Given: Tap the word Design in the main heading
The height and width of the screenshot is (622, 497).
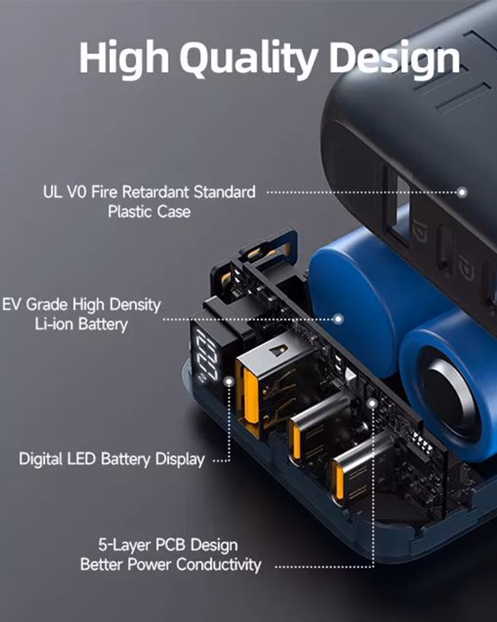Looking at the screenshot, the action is [x=394, y=60].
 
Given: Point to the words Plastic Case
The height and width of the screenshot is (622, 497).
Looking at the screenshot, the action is [x=149, y=211].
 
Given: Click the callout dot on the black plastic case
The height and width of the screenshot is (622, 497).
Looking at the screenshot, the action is [x=462, y=192].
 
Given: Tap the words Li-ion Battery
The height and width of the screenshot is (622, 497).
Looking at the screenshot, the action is [x=81, y=324].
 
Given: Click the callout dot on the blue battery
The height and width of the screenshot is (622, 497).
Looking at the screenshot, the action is [x=339, y=319].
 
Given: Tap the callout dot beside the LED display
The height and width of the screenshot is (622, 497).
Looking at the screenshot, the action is [x=229, y=382].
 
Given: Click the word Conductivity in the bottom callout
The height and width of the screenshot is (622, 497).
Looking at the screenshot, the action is [x=219, y=565].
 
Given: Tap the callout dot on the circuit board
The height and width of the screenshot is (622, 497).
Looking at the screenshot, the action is [x=372, y=404].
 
